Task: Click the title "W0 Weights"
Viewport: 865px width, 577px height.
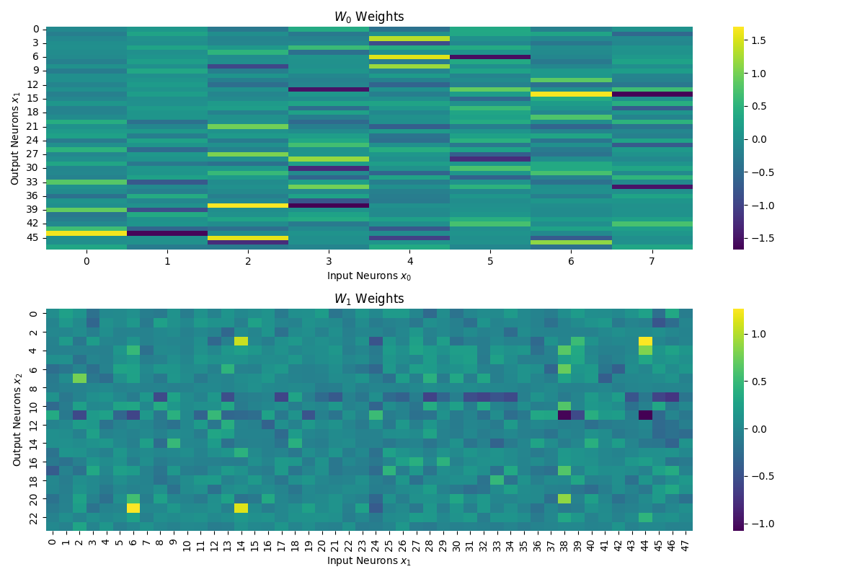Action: pos(369,17)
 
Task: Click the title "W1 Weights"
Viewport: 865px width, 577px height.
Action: pos(369,299)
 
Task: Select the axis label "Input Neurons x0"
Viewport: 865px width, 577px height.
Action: pos(369,276)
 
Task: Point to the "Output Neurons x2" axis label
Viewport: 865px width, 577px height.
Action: pos(17,420)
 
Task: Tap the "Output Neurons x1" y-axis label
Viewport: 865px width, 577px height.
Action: pos(15,138)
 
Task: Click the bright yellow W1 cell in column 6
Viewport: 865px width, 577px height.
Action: pos(133,508)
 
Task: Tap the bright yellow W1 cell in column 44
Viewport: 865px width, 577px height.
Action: pos(645,341)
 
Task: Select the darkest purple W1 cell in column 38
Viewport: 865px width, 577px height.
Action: pos(564,415)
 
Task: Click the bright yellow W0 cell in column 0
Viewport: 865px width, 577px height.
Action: pos(86,233)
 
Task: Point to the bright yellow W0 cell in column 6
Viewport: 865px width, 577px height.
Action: pos(571,94)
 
